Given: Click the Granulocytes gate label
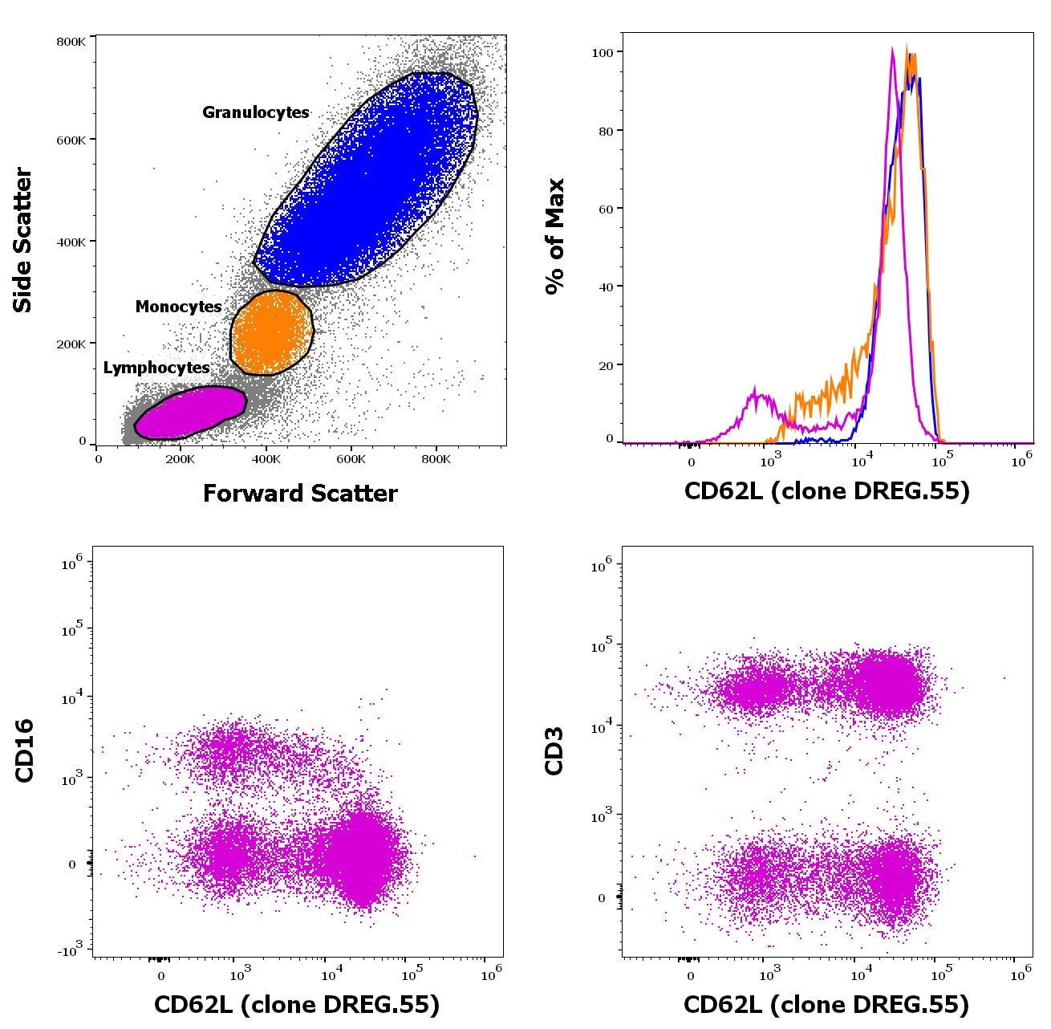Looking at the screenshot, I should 255,112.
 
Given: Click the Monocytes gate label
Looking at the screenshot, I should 178,307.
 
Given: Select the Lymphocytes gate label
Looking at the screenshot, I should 156,368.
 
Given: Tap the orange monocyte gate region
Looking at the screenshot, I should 270,332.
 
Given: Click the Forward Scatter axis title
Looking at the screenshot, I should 300,493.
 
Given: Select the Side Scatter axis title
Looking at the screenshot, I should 22,240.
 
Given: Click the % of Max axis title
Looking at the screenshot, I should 554,237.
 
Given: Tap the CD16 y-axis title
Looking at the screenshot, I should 24,750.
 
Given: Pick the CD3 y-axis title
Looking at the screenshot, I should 554,750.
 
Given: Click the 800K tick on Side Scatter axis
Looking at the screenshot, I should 71,42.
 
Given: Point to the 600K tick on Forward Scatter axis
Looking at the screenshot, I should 351,459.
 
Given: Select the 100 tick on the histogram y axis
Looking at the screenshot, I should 602,53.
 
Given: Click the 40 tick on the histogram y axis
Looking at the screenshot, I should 606,287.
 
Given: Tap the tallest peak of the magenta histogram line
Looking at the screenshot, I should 893,50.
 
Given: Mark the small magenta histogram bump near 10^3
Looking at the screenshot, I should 756,393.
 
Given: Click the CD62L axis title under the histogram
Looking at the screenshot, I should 826,490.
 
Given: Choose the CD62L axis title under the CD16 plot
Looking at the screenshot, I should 297,1004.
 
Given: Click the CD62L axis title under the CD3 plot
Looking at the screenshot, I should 826,1004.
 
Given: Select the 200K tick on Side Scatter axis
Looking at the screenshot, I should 71,344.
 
